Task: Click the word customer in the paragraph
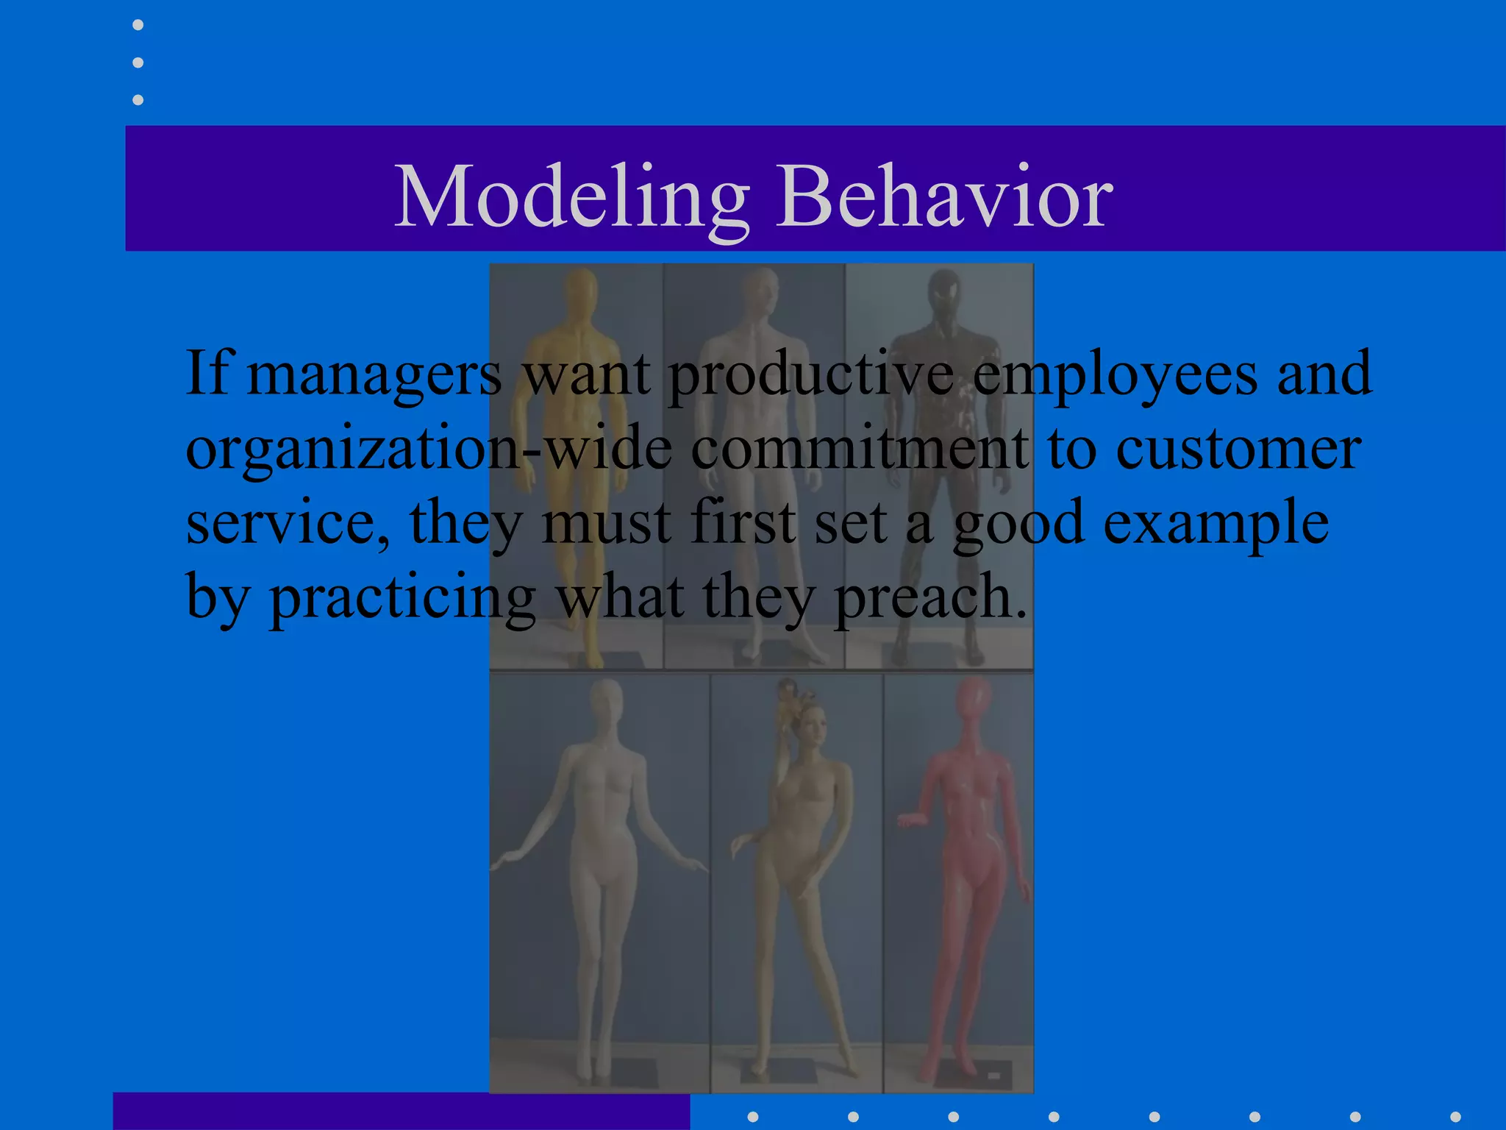coord(1238,449)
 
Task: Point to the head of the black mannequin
coord(944,291)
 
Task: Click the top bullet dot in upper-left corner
coord(138,25)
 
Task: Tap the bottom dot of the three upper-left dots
coord(138,99)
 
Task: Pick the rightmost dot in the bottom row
coord(1455,1117)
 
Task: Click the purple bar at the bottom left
coord(401,1111)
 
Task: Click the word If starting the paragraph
coord(208,374)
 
